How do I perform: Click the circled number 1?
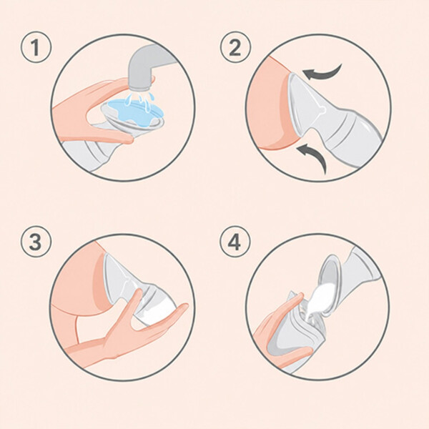(x=36, y=48)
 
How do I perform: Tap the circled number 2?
(x=235, y=48)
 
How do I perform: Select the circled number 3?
(x=36, y=242)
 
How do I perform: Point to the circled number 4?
(x=235, y=242)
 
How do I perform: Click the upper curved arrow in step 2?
(x=323, y=71)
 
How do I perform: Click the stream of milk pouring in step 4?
(x=317, y=304)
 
